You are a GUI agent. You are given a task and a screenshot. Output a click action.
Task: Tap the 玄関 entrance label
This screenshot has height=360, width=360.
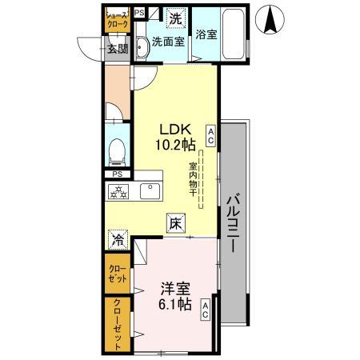tap(117, 49)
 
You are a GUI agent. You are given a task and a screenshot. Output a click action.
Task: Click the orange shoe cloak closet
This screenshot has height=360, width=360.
tap(117, 20)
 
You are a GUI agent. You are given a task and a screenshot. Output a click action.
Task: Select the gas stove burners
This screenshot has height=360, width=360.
tap(120, 191)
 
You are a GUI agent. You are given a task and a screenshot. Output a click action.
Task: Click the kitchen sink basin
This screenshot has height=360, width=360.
tap(150, 191)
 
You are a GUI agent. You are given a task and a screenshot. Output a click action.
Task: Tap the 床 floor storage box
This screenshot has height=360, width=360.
tap(175, 225)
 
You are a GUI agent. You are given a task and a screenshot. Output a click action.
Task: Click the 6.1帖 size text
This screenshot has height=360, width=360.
tap(174, 305)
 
